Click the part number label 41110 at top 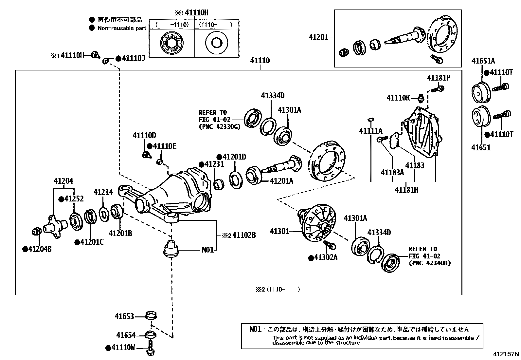point(260,61)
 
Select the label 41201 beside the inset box point(318,37)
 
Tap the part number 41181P point(439,78)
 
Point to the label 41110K point(398,98)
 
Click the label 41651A point(483,61)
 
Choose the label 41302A point(326,257)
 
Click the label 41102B point(244,235)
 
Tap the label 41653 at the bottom point(124,316)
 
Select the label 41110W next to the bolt point(123,348)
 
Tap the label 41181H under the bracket point(406,190)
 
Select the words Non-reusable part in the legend point(122,28)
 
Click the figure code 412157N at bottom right point(506,354)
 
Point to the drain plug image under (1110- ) point(216,43)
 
